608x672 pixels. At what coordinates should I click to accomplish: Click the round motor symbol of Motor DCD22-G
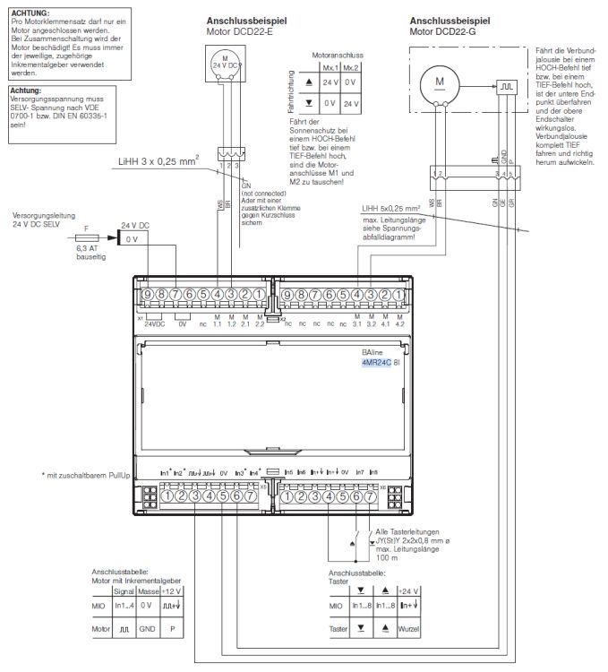[440, 82]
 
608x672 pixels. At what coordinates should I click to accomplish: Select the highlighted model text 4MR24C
[375, 362]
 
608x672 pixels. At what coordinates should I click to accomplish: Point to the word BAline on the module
[371, 352]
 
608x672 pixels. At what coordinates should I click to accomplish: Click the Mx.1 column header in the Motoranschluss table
[330, 67]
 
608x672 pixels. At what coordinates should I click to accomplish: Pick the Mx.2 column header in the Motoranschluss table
[351, 67]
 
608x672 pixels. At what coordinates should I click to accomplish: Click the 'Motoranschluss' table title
[336, 56]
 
